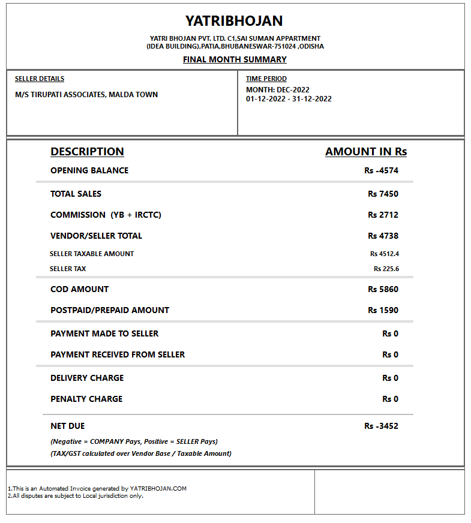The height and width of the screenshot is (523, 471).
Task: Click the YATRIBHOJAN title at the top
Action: pyautogui.click(x=234, y=21)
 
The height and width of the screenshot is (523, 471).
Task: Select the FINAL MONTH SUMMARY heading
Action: pyautogui.click(x=235, y=59)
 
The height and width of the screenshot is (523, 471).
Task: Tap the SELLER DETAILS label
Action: pyautogui.click(x=40, y=79)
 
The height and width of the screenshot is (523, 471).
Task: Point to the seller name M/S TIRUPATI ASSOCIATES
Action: pyautogui.click(x=86, y=95)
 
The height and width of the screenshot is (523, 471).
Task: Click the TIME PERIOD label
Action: pyautogui.click(x=266, y=79)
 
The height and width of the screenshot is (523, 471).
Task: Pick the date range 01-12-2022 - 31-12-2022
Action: pyautogui.click(x=289, y=99)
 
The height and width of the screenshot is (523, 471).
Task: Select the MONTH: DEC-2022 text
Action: pyautogui.click(x=278, y=90)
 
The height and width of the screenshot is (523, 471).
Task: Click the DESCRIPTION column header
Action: pyautogui.click(x=87, y=152)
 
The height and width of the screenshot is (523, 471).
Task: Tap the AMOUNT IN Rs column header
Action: pyautogui.click(x=366, y=152)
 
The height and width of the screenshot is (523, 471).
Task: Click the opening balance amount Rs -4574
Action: pyautogui.click(x=381, y=170)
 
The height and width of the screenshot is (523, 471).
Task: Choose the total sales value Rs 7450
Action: pyautogui.click(x=383, y=194)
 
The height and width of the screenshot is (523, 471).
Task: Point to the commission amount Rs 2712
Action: pyautogui.click(x=383, y=215)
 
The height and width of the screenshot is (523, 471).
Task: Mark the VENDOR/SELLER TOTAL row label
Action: pyautogui.click(x=96, y=236)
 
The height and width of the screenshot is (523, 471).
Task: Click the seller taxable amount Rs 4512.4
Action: pyautogui.click(x=385, y=254)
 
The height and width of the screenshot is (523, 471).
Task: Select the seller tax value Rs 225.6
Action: pyautogui.click(x=386, y=269)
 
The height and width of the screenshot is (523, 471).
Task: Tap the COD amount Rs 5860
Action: pyautogui.click(x=383, y=289)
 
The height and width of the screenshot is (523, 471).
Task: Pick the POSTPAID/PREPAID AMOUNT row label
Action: pyautogui.click(x=110, y=310)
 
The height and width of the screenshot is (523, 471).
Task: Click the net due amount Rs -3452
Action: pyautogui.click(x=381, y=426)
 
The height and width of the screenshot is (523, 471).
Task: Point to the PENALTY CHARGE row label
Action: pyautogui.click(x=86, y=399)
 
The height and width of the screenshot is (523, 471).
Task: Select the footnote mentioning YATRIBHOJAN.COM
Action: pyautogui.click(x=98, y=488)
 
